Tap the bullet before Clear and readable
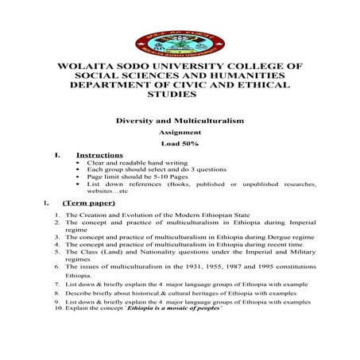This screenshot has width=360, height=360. click(x=76, y=162)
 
